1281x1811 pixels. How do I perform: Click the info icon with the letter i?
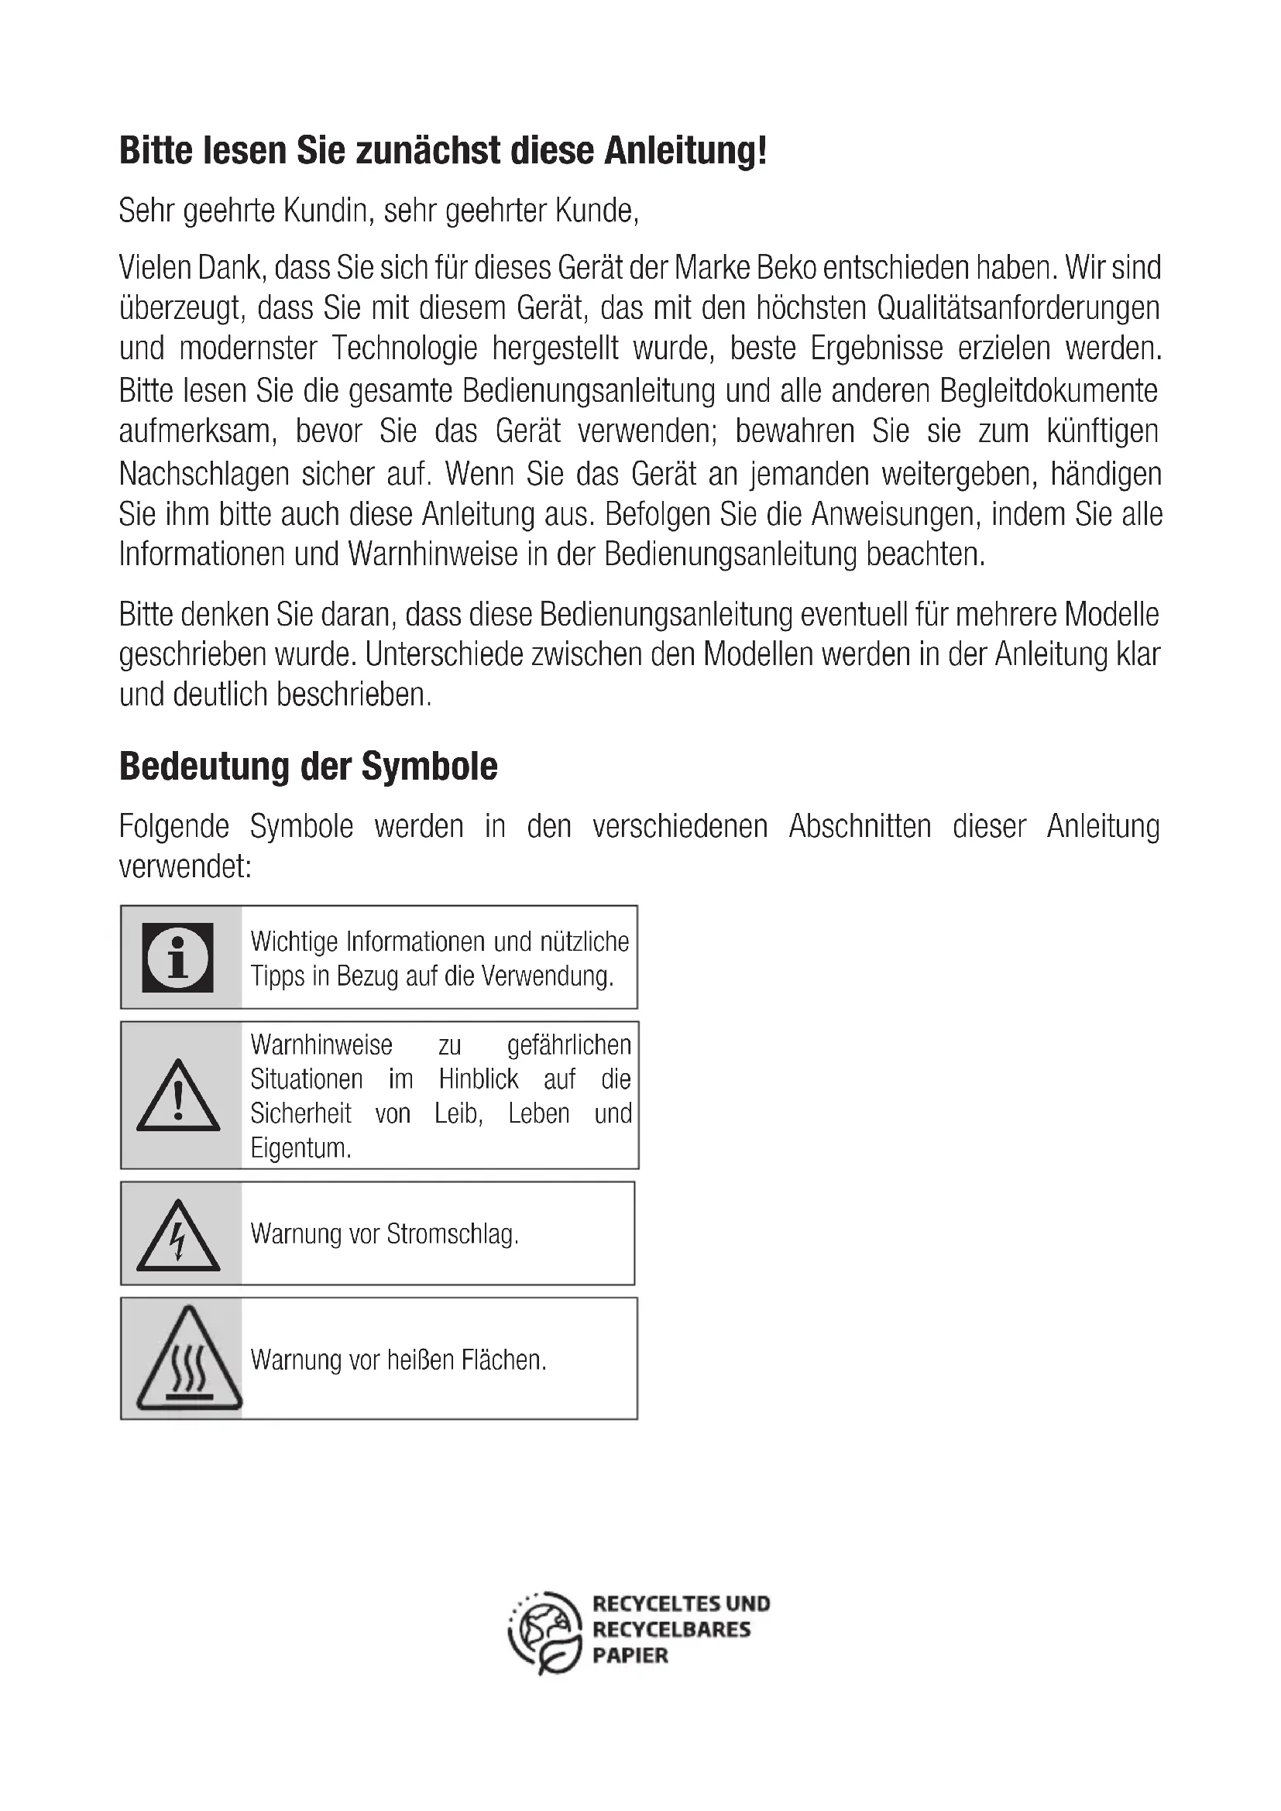[177, 957]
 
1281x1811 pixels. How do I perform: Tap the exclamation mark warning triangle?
[178, 1096]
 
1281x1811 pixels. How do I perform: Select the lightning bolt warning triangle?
[178, 1236]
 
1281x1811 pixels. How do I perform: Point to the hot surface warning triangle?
[188, 1360]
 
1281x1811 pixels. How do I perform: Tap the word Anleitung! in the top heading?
[685, 151]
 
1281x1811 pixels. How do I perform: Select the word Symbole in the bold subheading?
[429, 766]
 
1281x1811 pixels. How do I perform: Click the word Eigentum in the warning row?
[300, 1148]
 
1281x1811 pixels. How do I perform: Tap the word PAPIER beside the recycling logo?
[630, 1655]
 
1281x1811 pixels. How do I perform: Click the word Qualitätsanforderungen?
[1018, 308]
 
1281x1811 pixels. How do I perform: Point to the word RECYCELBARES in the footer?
[671, 1630]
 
